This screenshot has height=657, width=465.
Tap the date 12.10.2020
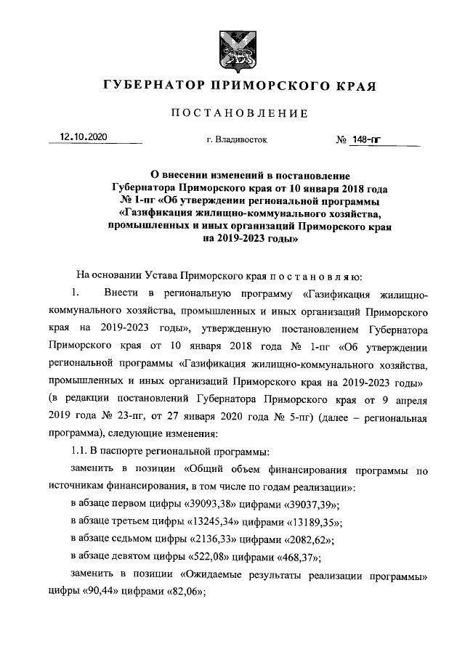point(84,137)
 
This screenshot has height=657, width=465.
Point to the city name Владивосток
point(237,140)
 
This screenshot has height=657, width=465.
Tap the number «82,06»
point(182,591)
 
